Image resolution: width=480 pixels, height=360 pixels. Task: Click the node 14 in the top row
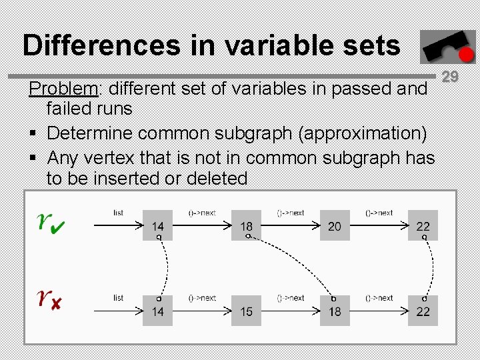click(x=158, y=226)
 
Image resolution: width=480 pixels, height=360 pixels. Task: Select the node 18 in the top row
click(x=247, y=226)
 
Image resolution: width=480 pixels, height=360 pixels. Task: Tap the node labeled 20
click(x=335, y=226)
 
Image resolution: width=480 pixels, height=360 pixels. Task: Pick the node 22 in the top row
click(x=423, y=226)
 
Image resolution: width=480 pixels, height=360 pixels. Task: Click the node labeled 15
click(x=247, y=311)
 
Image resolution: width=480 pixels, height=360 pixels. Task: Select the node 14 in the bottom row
click(x=158, y=311)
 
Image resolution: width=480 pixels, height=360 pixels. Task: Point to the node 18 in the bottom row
click(x=335, y=311)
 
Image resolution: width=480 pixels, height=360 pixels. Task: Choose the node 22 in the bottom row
click(x=423, y=311)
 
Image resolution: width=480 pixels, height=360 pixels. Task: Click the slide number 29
click(x=451, y=77)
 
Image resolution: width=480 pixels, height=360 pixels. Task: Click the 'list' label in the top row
click(x=118, y=213)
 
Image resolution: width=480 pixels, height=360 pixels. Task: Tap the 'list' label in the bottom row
click(x=118, y=297)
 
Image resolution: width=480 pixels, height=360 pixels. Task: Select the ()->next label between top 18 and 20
click(x=291, y=213)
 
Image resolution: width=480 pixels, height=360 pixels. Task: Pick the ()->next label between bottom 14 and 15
click(x=202, y=297)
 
